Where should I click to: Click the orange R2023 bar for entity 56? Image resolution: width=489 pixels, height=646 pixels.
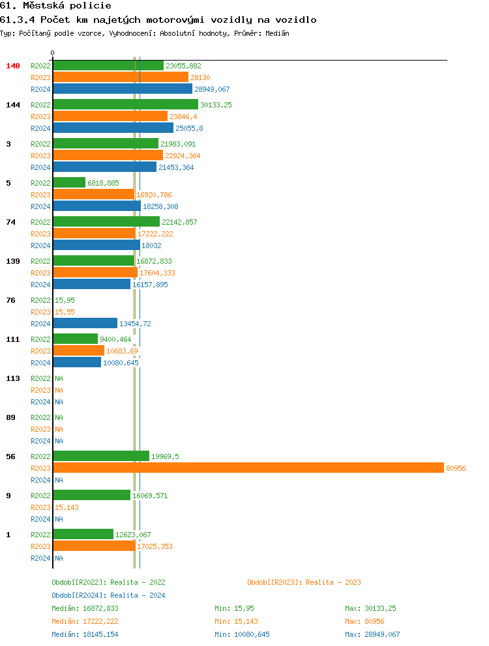pos(248,468)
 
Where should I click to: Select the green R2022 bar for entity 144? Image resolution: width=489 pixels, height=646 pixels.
pos(125,105)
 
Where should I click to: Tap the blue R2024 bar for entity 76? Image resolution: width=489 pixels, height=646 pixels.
pos(85,324)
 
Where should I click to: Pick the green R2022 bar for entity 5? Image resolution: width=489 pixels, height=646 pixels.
pos(69,183)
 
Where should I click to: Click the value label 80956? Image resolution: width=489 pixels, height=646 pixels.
pos(455,468)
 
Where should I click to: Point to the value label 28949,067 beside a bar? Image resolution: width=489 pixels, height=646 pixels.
pos(212,89)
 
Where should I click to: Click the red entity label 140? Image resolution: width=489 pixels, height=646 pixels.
pos(13,66)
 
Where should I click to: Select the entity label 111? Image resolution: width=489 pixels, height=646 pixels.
pos(13,339)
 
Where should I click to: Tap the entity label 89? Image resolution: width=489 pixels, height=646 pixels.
pos(10,417)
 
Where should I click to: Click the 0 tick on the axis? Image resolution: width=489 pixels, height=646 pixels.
pos(53,53)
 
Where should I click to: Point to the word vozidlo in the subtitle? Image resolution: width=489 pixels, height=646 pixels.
pos(295,20)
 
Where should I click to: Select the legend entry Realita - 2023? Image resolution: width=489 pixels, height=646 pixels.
pos(304,582)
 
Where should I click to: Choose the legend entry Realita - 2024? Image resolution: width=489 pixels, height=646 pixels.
pos(108,595)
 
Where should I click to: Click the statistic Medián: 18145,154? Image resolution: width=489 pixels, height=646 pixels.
pos(85,634)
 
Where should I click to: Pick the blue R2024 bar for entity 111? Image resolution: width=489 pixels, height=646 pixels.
pos(77,363)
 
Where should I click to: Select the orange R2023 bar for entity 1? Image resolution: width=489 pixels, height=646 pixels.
pos(94,546)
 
